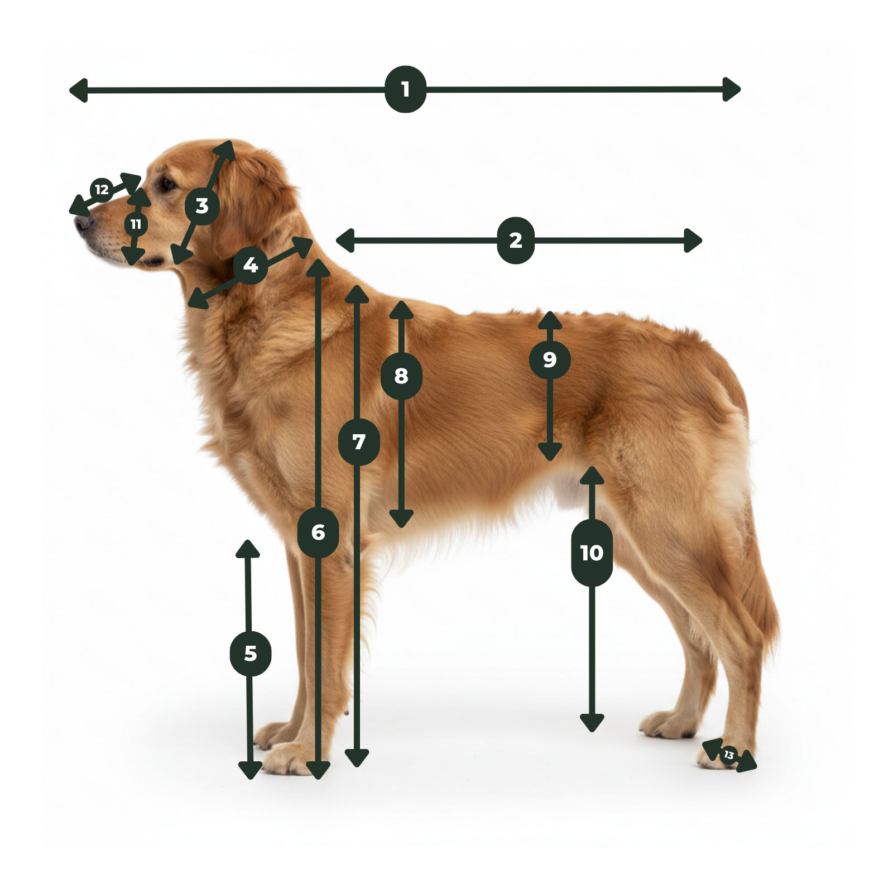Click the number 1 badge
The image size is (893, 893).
[405, 89]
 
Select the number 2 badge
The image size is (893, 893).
[516, 241]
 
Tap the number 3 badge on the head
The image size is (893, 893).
[202, 206]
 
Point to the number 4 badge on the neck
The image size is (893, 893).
[251, 265]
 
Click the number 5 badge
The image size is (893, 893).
[251, 653]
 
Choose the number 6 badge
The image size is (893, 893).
[318, 532]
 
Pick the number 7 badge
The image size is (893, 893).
[359, 442]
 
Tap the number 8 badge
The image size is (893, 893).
[401, 376]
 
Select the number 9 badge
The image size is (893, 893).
[550, 359]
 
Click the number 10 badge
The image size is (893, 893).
[592, 553]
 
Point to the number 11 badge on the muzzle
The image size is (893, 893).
[136, 224]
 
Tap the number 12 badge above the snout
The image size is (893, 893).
[102, 190]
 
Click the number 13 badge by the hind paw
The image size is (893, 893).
[728, 755]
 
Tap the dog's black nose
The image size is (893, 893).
[83, 223]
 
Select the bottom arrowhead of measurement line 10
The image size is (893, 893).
[592, 723]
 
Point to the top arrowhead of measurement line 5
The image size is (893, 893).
[248, 549]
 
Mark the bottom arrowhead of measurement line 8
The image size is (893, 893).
[401, 519]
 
